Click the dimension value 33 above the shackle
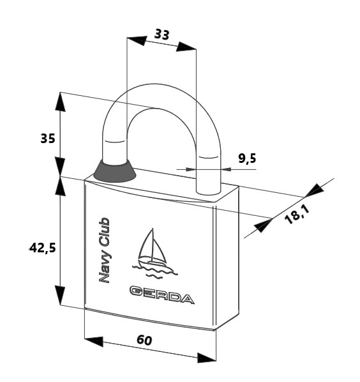click(x=162, y=34)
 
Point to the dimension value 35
click(x=48, y=139)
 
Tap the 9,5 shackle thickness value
click(x=247, y=158)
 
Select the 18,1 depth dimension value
click(x=297, y=215)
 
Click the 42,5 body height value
click(x=43, y=248)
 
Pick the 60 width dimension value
click(x=145, y=340)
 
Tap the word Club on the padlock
click(x=105, y=232)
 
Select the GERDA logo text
click(x=162, y=295)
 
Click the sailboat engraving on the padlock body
click(x=153, y=254)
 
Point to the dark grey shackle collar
click(x=114, y=171)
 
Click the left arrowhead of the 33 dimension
click(x=137, y=40)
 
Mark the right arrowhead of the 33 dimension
click(x=186, y=47)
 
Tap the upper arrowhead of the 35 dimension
click(x=60, y=102)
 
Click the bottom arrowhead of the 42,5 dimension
click(x=60, y=295)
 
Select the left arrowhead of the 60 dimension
click(x=94, y=341)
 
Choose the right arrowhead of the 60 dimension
click(x=206, y=358)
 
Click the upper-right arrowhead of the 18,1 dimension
click(x=314, y=190)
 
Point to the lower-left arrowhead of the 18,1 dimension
click(x=262, y=225)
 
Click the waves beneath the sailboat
click(x=155, y=271)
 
